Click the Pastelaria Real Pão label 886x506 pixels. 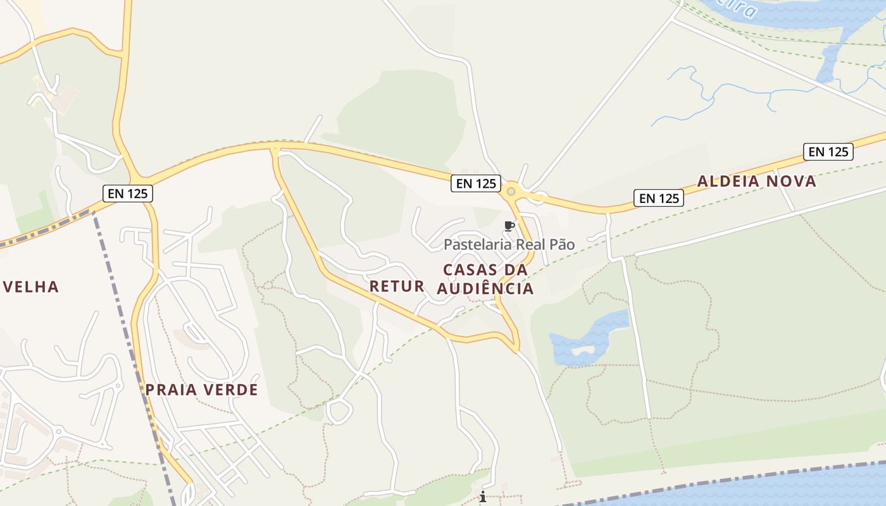tap(509, 245)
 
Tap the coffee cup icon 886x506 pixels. tap(509, 226)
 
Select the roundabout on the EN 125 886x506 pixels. tap(511, 190)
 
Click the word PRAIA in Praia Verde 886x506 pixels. tap(168, 390)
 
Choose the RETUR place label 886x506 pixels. tap(397, 286)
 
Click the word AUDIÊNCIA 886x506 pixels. tap(485, 289)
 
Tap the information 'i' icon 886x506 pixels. tap(483, 497)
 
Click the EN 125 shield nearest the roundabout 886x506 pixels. tap(476, 183)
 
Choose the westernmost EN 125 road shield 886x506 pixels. tap(128, 193)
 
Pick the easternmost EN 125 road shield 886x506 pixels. tap(828, 152)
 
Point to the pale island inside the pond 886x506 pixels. tap(583, 349)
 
